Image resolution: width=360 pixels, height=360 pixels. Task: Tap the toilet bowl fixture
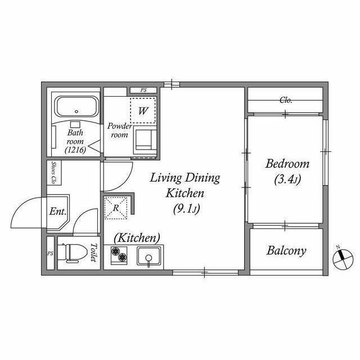(x=73, y=253)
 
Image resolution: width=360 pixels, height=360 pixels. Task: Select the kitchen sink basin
(x=148, y=256)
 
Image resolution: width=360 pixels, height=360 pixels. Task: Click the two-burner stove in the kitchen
(x=119, y=255)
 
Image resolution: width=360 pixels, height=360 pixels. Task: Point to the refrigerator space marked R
(x=116, y=208)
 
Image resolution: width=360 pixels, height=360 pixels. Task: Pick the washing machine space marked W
(x=143, y=111)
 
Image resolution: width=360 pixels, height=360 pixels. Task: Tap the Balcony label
(x=286, y=250)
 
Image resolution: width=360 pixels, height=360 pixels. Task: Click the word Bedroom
(x=287, y=164)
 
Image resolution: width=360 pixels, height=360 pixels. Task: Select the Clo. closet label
(x=286, y=100)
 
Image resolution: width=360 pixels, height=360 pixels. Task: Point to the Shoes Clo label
(x=54, y=173)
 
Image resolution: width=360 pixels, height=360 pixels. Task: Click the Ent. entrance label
(x=57, y=211)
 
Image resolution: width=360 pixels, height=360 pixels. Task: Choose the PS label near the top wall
(x=143, y=90)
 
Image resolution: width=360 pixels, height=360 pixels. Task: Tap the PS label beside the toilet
(x=50, y=254)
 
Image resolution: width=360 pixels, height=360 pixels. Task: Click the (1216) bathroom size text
(x=75, y=150)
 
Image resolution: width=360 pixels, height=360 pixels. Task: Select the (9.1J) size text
(x=186, y=209)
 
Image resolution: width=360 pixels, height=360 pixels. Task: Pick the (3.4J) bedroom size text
(x=287, y=180)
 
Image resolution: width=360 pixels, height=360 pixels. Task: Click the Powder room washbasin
(x=145, y=139)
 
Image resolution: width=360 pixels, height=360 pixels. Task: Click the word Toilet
(x=93, y=253)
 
